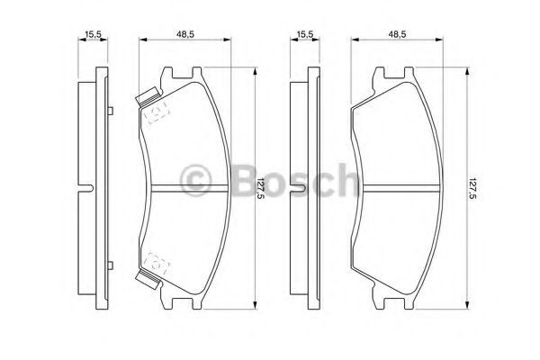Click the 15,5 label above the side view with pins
[x=93, y=34]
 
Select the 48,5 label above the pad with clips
[x=185, y=34]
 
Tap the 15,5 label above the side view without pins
[x=305, y=34]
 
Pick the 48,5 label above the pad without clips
[x=398, y=34]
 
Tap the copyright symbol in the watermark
[x=195, y=181]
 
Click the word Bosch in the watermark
[x=296, y=181]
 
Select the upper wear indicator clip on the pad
[x=148, y=96]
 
